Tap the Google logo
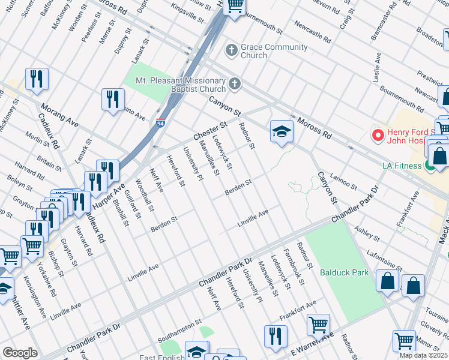click(20, 353)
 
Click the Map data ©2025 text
click(423, 355)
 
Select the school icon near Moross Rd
click(281, 133)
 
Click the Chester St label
click(209, 132)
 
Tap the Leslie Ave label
click(377, 67)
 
